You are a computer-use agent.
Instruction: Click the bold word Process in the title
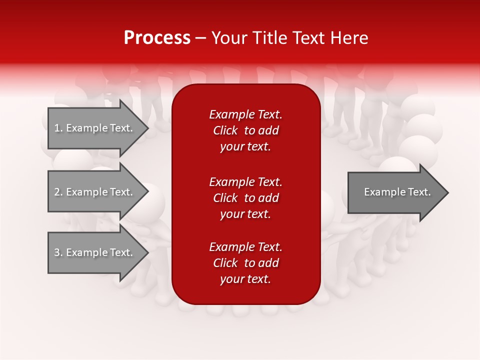[x=157, y=38]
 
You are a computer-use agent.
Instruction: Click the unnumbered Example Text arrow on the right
[x=397, y=192]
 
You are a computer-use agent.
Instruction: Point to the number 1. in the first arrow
[x=58, y=128]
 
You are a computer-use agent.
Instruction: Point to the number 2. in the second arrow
[x=58, y=192]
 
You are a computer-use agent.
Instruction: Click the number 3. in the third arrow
[x=58, y=252]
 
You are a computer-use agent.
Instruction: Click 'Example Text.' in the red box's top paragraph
[x=245, y=114]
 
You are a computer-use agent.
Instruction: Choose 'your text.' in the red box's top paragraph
[x=245, y=146]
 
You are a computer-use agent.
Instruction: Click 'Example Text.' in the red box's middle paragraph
[x=245, y=181]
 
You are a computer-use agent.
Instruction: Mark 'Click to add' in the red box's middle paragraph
[x=245, y=198]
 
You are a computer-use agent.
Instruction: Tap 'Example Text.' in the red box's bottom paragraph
[x=245, y=247]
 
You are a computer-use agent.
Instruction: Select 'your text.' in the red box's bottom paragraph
[x=245, y=279]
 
